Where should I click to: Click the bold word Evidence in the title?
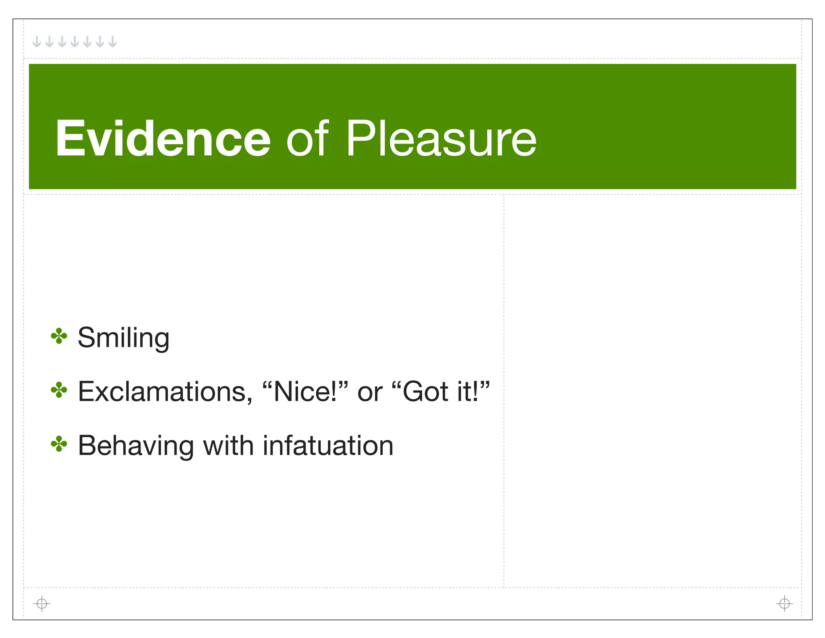163,138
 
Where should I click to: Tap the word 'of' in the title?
307,138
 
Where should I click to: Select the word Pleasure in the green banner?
441,138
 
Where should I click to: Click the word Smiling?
123,338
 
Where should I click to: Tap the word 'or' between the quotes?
369,392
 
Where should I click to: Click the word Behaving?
136,446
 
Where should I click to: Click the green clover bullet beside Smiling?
59,336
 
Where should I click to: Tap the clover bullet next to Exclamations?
59,390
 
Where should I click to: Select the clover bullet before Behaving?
59,444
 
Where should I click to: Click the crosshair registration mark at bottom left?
41,603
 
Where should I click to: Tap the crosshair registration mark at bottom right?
784,603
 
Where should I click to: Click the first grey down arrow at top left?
37,42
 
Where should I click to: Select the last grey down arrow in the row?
113,42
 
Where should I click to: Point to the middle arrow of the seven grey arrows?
75,42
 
